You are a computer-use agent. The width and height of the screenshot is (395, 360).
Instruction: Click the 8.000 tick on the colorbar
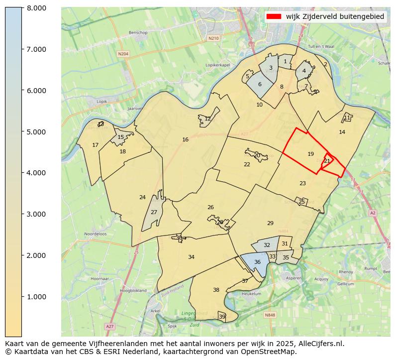point(22,7)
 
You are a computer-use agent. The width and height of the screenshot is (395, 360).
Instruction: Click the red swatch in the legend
point(274,16)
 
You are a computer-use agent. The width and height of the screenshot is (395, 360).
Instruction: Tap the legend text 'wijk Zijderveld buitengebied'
point(335,16)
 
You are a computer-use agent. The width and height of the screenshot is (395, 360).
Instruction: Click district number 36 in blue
point(257,262)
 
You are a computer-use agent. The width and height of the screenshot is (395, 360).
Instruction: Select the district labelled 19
point(310,154)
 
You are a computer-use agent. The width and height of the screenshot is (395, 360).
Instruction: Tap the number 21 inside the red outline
point(327,161)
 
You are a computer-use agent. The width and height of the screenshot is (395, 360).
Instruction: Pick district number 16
point(185,140)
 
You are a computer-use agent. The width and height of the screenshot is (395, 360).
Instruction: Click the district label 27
point(154,213)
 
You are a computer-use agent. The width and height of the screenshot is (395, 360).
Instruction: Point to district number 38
point(216,290)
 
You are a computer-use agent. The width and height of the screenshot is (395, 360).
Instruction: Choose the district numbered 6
point(260,85)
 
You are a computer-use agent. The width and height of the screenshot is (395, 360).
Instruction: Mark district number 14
point(342,132)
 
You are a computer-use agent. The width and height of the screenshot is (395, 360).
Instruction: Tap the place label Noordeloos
point(95,234)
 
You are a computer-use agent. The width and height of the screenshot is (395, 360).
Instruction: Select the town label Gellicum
point(345,284)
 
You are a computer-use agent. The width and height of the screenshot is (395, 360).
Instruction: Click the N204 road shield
point(123,54)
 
